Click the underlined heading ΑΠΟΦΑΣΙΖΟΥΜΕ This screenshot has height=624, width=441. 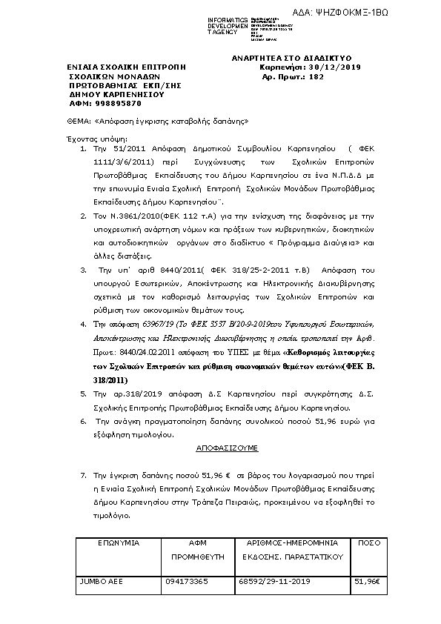coord(227,448)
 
